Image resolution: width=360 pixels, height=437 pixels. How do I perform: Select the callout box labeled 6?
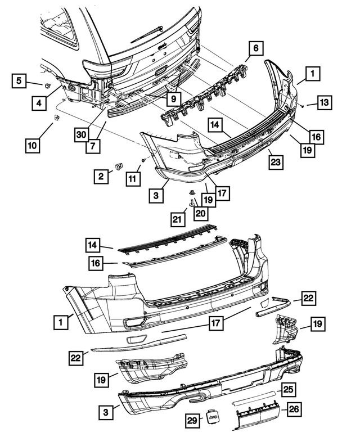255,49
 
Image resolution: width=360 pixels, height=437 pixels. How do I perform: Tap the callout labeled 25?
289,390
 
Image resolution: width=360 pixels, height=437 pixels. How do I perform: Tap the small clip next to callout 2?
119,166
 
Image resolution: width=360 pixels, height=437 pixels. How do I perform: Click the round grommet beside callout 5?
48,85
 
